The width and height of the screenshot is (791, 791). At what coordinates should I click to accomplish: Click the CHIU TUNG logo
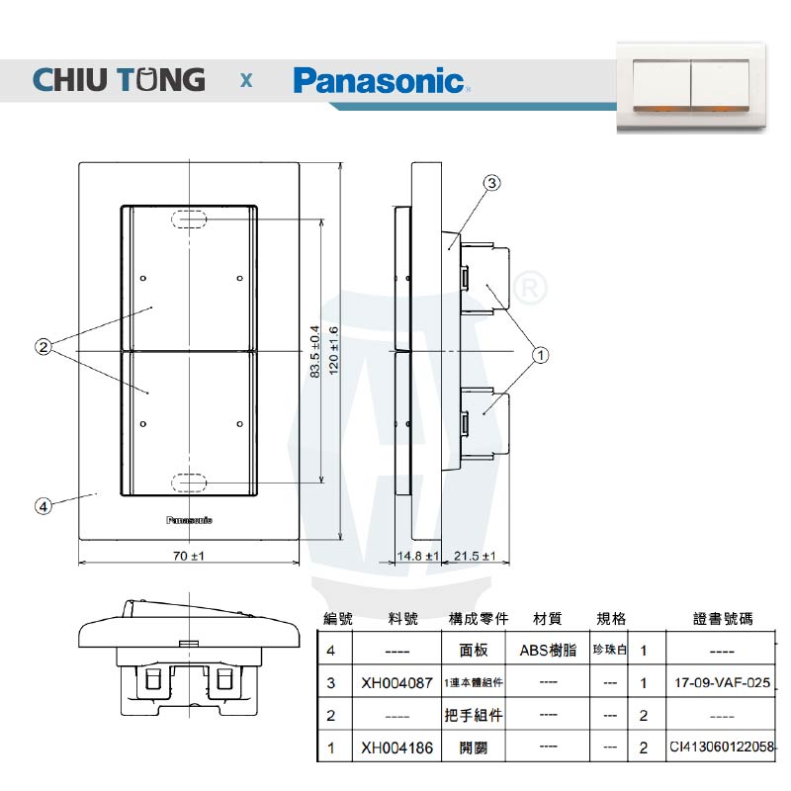(x=119, y=79)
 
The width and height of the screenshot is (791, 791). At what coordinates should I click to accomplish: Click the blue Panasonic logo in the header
(x=379, y=79)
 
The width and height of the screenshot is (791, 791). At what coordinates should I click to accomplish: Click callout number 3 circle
(x=492, y=182)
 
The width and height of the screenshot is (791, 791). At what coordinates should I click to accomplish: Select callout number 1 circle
(x=541, y=353)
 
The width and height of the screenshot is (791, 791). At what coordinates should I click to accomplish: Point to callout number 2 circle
(x=43, y=346)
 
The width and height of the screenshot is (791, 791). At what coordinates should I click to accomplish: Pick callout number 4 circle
(x=43, y=505)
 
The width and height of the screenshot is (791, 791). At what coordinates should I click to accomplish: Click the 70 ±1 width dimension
(x=188, y=557)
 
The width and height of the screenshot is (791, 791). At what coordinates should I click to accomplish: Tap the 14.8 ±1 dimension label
(x=416, y=557)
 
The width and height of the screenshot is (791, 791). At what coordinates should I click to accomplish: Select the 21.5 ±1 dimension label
(x=476, y=557)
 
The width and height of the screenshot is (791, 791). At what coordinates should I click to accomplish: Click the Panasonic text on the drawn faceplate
(x=188, y=519)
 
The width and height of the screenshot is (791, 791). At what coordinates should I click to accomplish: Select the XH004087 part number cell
(x=396, y=683)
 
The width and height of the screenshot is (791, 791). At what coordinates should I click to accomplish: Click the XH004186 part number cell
(x=396, y=747)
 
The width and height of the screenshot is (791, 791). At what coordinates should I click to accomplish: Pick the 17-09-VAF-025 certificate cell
(x=721, y=683)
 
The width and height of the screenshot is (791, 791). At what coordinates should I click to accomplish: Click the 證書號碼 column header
(x=722, y=619)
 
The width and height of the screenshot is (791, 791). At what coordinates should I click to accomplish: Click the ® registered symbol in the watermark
(x=530, y=287)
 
